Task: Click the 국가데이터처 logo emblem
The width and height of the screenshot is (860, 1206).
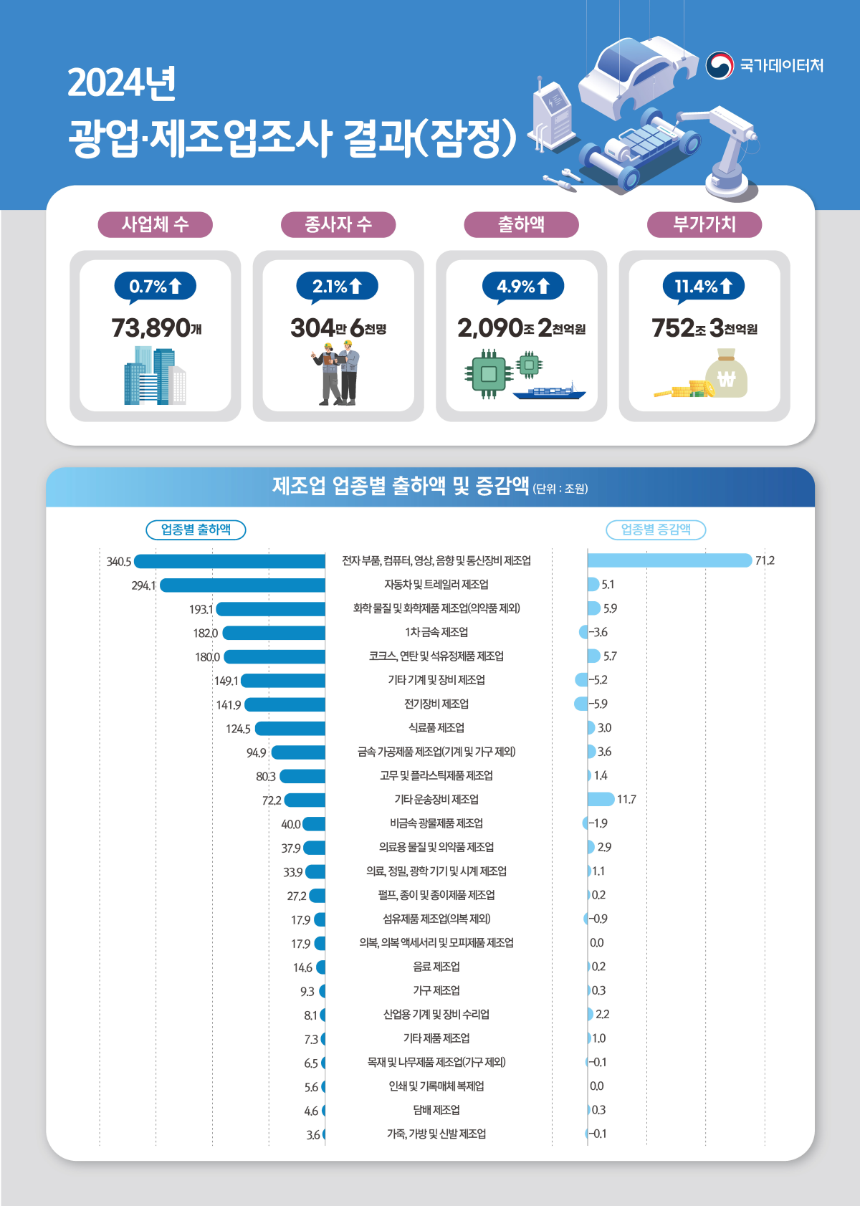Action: click(x=720, y=65)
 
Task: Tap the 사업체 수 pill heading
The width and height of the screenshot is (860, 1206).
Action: click(x=155, y=224)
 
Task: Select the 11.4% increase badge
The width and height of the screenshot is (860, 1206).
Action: click(x=704, y=287)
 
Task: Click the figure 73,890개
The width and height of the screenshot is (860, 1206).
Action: click(x=156, y=328)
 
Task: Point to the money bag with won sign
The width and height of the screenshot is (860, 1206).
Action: click(x=726, y=373)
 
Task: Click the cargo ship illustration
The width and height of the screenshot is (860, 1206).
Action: click(x=550, y=391)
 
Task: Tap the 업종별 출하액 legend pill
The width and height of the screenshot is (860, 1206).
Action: click(x=196, y=530)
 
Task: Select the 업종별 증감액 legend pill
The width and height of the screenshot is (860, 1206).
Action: click(x=656, y=530)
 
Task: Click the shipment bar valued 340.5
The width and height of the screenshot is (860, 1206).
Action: click(x=230, y=562)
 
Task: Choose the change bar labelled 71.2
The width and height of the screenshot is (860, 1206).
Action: click(x=669, y=560)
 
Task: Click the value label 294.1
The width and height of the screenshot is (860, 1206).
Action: click(x=143, y=585)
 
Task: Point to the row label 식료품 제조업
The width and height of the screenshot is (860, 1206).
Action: click(x=436, y=728)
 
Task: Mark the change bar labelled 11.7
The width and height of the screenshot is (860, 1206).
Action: click(x=601, y=799)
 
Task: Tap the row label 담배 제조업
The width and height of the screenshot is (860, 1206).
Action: click(x=436, y=1110)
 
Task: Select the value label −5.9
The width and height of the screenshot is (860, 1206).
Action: click(x=598, y=704)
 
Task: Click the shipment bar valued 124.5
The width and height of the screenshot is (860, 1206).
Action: click(x=290, y=729)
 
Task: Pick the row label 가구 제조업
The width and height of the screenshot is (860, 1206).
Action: click(x=436, y=990)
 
